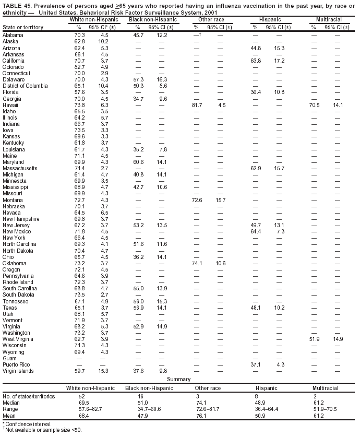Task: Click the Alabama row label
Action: tap(13, 34)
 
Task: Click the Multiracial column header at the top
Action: tap(326, 20)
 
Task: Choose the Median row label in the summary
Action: tap(11, 403)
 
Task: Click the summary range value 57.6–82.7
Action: tap(82, 409)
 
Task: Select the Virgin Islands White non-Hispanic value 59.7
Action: tap(79, 371)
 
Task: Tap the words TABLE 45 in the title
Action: tap(15, 5)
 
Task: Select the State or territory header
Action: tap(22, 27)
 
